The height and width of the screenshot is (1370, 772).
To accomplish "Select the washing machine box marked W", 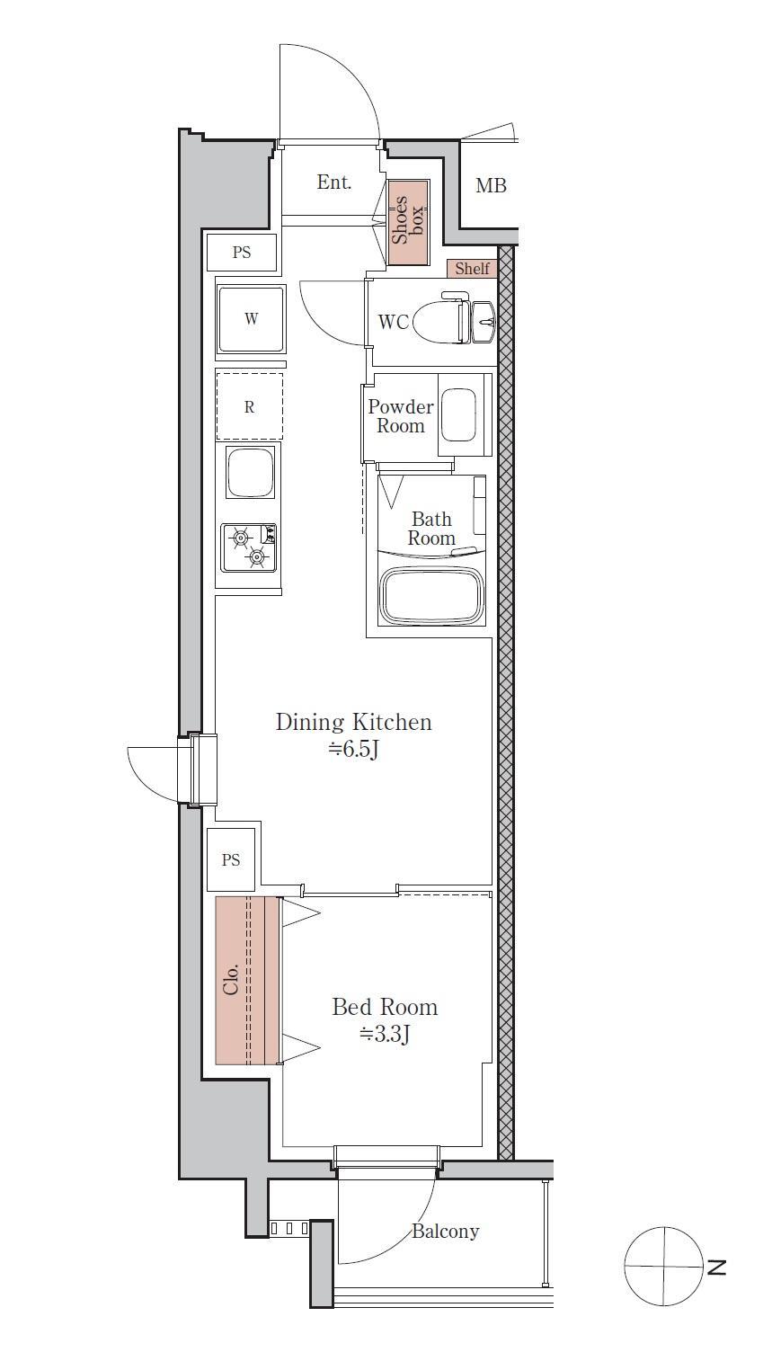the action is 251,318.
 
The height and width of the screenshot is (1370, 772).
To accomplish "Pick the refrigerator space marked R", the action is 249,406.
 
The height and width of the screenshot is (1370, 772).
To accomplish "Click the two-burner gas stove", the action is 249,547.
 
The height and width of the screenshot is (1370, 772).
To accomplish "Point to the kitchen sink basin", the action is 250,472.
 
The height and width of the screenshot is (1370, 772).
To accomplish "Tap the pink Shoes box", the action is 408,222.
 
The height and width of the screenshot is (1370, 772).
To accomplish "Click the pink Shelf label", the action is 472,268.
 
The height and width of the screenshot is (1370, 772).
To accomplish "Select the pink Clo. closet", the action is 247,980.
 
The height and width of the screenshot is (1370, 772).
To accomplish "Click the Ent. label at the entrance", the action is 333,182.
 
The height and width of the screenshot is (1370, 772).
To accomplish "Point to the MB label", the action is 491,185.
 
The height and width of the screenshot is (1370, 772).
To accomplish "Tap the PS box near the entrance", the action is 242,252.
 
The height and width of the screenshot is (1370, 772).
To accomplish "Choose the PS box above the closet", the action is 231,859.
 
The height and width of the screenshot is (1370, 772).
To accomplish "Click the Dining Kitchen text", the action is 354,723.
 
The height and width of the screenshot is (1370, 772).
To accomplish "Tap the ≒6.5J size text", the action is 354,749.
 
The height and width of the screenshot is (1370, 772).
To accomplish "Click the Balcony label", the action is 445,1232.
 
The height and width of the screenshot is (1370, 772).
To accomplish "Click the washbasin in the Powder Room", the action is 458,415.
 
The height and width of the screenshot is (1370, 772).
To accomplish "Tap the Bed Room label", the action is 385,1008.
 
